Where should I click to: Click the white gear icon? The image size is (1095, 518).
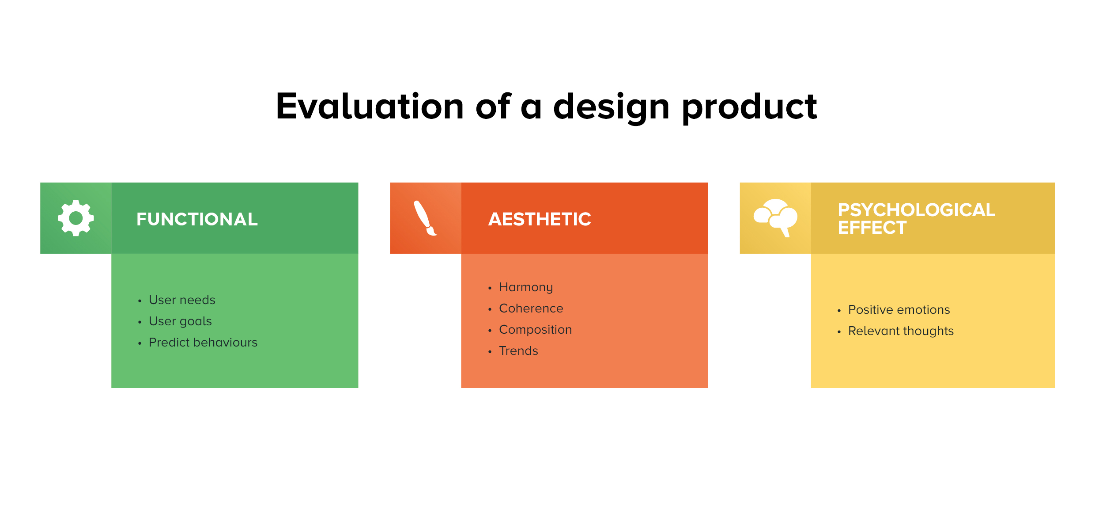pos(76,218)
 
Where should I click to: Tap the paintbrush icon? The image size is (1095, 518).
pos(425,218)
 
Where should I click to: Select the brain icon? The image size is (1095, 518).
pos(776,218)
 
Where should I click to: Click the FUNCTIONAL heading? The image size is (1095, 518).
pos(197,219)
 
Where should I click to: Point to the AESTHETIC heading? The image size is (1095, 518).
pos(540,219)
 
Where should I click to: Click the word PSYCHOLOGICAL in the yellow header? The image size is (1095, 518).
pos(917,210)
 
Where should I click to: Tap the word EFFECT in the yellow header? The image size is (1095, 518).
pos(872,228)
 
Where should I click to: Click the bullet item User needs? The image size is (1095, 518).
pos(182,300)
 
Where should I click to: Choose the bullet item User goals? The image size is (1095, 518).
pos(180,321)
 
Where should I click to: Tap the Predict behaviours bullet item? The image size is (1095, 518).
pos(203,342)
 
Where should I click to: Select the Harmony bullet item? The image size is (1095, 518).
pos(526,287)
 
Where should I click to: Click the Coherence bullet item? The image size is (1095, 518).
pos(531,308)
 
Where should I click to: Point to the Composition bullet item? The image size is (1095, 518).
pos(536,330)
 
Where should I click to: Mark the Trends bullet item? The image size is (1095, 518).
pos(519,350)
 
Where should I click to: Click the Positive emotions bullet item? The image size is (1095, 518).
pos(899,309)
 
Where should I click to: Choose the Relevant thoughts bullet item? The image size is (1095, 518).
pos(901,331)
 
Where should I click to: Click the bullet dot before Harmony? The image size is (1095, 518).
pos(490,288)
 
